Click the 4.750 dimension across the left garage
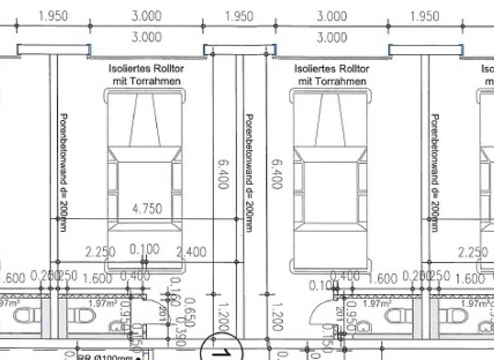(147, 208)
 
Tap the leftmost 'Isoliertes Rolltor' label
(145, 68)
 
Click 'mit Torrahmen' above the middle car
(331, 82)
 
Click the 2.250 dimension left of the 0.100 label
(100, 252)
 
